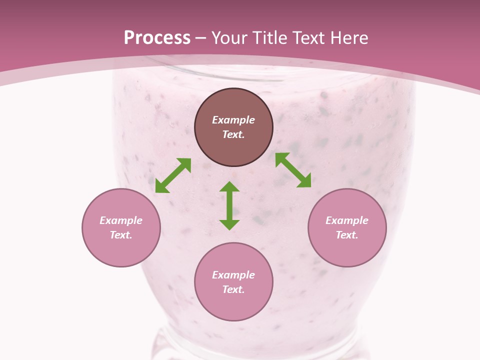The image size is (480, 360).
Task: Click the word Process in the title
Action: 157,38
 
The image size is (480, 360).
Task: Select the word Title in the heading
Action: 270,38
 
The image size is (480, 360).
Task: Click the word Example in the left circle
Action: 121,220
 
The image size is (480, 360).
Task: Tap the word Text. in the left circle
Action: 121,235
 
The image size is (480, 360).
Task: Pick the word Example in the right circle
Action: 347,220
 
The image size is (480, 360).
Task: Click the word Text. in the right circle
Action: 347,235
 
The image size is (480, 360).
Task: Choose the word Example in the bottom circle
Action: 233,275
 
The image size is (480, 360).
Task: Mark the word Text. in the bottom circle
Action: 233,289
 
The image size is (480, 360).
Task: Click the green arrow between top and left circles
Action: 173,175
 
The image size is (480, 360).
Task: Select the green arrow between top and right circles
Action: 293,170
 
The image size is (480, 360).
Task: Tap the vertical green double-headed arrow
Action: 229,206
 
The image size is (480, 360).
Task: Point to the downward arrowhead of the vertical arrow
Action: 229,224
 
